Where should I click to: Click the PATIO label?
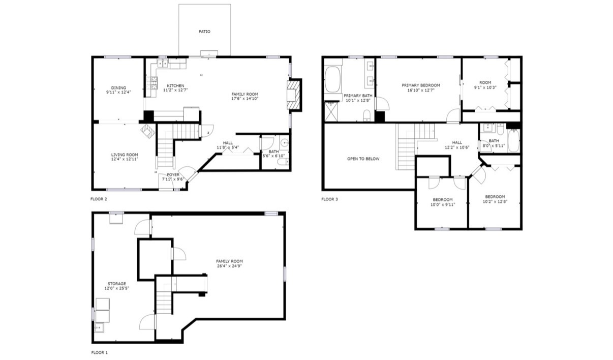(204, 32)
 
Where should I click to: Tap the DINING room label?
(118, 88)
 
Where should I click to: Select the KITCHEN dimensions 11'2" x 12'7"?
(175, 90)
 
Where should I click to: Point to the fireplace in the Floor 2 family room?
(294, 95)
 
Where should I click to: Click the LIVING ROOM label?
(125, 155)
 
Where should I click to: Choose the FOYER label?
(173, 175)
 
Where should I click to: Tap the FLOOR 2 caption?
(99, 199)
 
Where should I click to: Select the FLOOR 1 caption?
(99, 352)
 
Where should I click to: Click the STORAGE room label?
(116, 284)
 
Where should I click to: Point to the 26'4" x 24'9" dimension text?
(229, 266)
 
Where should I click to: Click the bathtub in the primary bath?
(332, 79)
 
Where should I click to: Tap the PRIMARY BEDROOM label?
(421, 85)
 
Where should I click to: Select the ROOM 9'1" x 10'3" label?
(485, 85)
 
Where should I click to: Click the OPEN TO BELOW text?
(363, 159)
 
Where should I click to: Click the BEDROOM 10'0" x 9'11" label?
(443, 202)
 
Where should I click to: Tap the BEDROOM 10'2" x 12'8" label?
(495, 199)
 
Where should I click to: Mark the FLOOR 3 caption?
(329, 199)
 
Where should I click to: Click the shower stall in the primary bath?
(331, 111)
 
